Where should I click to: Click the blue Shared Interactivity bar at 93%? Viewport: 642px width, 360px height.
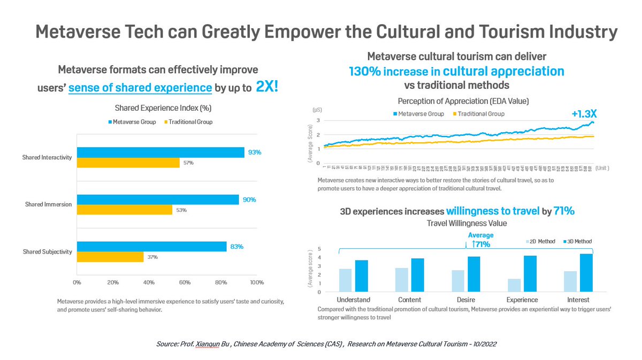coord(160,152)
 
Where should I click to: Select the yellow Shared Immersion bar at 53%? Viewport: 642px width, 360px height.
coord(125,210)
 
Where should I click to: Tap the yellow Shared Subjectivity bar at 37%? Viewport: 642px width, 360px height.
coord(110,257)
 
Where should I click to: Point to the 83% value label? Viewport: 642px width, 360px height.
coord(237,247)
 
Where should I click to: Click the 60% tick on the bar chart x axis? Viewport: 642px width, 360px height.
coord(185,282)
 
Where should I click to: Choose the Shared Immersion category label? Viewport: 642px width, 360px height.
coord(49,205)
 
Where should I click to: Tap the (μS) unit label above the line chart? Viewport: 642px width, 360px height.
coord(317,109)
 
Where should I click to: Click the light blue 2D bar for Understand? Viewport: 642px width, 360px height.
coord(346,280)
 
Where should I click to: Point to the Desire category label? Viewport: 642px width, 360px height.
coord(466,300)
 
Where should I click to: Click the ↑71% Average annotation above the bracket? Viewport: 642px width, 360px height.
coord(479,244)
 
